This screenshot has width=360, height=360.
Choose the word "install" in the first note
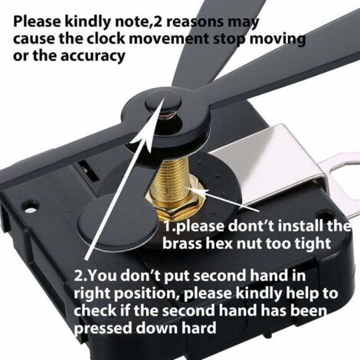tap(293, 227)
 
